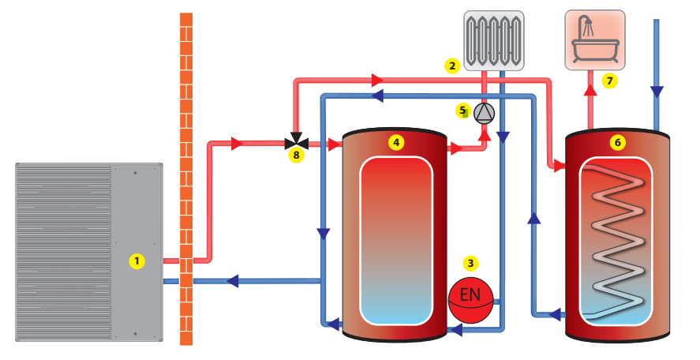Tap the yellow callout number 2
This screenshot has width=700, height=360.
coord(451,66)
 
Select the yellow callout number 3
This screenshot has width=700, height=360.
coord(470,263)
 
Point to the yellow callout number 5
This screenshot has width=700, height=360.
coord(463,110)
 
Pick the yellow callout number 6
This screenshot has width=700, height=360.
coord(617,142)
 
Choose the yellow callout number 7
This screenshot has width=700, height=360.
coord(608,80)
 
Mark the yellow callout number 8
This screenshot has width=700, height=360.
coord(296,156)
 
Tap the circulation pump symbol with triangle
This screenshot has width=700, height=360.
coord(484,114)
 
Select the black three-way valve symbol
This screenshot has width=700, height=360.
coord(296,144)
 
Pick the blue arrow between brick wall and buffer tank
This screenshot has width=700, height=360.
coord(234,280)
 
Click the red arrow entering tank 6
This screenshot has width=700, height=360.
coord(559,166)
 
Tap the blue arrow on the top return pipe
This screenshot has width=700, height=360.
coord(377,96)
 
